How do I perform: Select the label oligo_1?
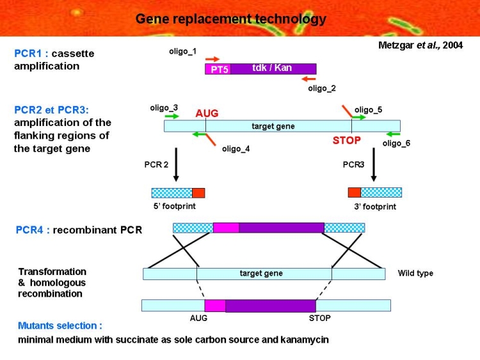183,51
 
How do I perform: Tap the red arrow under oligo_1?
212,59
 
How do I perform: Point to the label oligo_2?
322,88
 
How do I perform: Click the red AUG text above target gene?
207,113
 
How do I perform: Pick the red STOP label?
346,141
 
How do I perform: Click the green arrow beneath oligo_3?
172,116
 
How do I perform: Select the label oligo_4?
236,149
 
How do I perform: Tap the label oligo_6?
396,143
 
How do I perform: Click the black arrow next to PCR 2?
176,164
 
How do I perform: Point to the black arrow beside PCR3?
374,164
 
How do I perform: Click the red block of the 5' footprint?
198,193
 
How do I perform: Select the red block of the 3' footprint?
355,192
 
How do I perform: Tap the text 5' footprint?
175,206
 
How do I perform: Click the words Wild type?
415,273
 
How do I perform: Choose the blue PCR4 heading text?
29,230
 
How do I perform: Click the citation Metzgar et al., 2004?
420,45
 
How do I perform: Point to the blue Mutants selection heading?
60,325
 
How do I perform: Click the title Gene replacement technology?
231,19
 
